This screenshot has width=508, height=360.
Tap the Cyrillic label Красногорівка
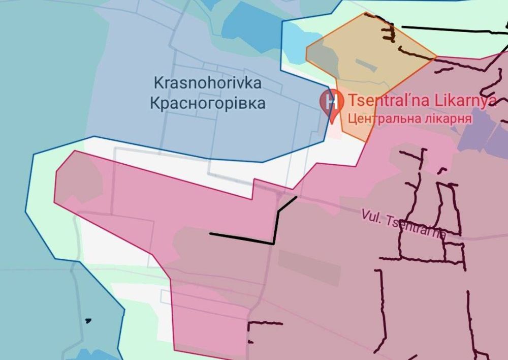click(x=207, y=103)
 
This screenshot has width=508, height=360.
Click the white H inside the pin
click(x=332, y=100)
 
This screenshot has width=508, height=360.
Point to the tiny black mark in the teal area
click(x=88, y=321)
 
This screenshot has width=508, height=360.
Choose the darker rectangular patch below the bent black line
click(x=309, y=266)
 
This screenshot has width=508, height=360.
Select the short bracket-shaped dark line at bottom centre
click(x=264, y=326)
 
